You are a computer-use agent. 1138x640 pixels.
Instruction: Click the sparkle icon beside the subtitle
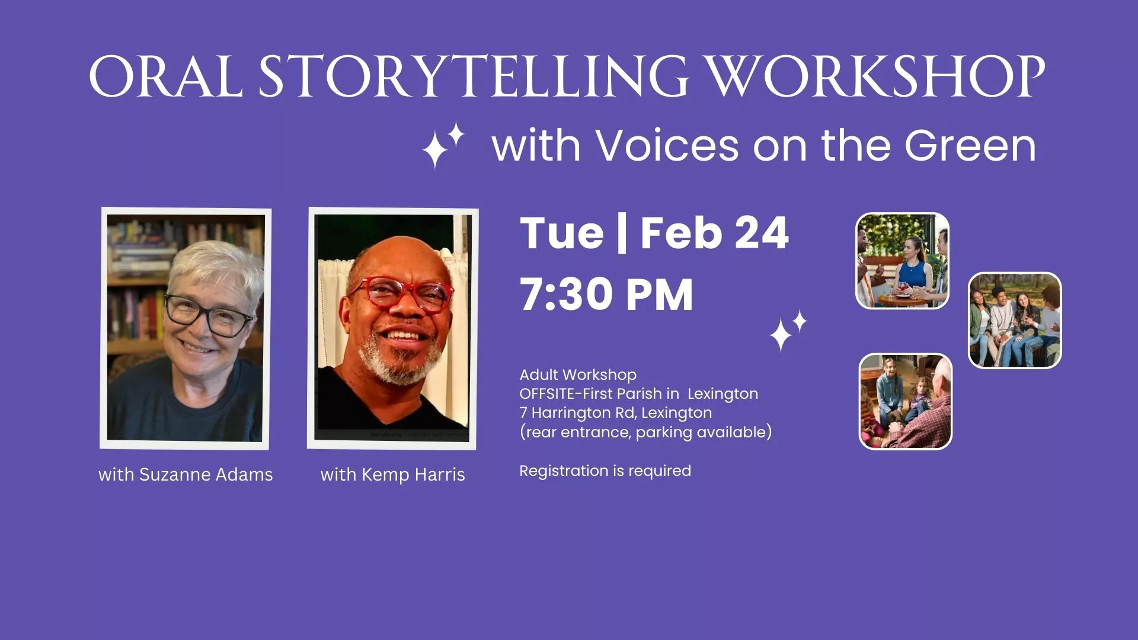click(x=442, y=145)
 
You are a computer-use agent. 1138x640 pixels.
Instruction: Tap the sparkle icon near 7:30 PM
click(x=787, y=331)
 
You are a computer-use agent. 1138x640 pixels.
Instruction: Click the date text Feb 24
click(x=714, y=233)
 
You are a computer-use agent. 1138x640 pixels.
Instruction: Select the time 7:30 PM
click(x=606, y=295)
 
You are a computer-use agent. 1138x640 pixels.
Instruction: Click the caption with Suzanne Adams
click(x=186, y=475)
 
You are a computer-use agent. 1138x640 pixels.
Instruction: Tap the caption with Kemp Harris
click(x=392, y=475)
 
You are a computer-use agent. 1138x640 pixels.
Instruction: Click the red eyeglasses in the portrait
click(x=401, y=294)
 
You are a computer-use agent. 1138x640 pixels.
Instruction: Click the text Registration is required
click(x=605, y=471)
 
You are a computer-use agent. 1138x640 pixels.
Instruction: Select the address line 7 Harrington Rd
click(x=615, y=413)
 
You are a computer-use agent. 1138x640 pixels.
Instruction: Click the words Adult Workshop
click(x=578, y=375)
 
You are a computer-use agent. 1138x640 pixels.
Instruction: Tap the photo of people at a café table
click(x=902, y=261)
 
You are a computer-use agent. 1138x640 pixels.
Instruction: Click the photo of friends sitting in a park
click(x=1015, y=321)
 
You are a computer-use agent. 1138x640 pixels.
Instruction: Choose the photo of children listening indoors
click(x=905, y=401)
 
